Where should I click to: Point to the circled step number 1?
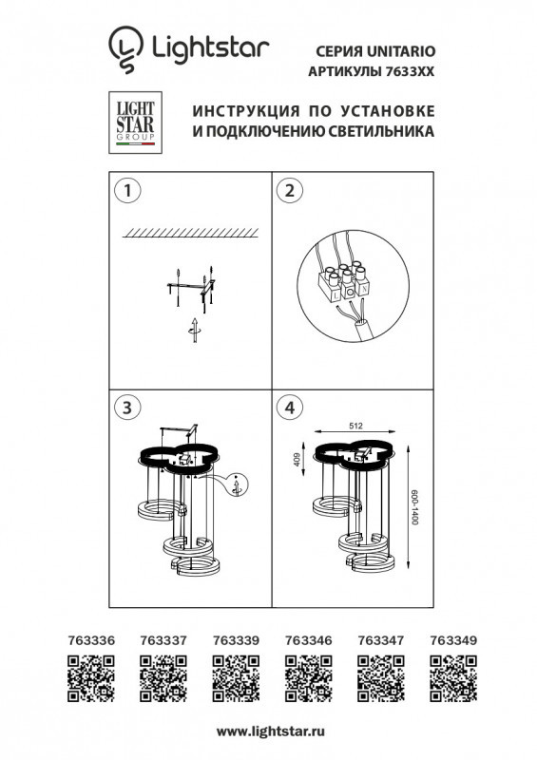coord(123,190)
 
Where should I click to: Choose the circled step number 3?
coord(123,408)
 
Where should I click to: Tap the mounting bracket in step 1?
coord(194,284)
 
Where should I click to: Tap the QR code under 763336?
coord(93,681)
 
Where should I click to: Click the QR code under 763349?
coord(450,681)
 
